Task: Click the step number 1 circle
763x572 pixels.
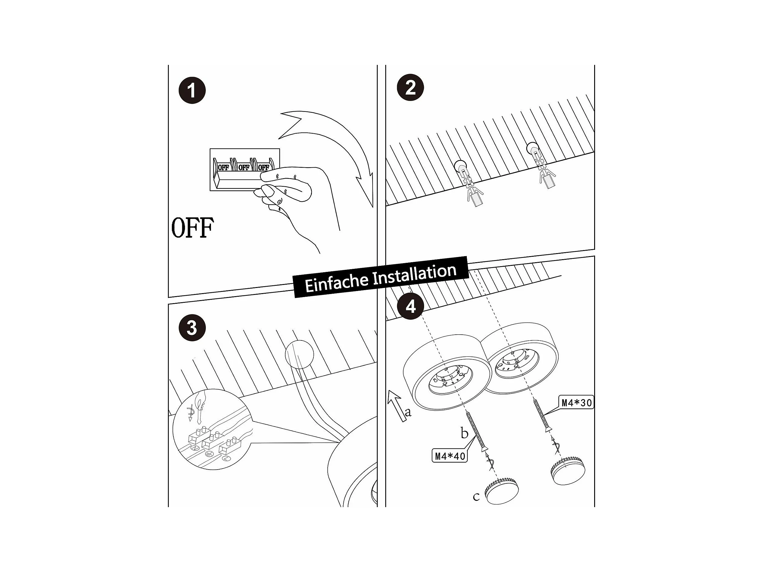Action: click(x=192, y=90)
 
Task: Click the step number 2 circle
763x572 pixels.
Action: click(x=410, y=87)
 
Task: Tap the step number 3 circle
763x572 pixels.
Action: click(x=192, y=327)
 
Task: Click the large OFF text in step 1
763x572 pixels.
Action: click(x=192, y=228)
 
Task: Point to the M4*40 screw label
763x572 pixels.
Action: click(x=450, y=456)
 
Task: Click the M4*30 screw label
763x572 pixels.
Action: click(x=576, y=403)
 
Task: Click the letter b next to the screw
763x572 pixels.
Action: click(x=464, y=433)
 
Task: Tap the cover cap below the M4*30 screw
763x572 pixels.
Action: click(x=568, y=470)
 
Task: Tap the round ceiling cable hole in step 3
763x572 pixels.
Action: click(x=299, y=354)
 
